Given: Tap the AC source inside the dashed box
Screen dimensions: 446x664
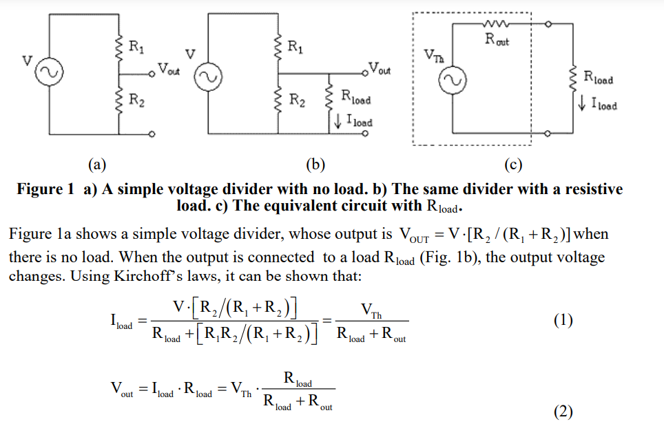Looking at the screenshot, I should click(453, 81).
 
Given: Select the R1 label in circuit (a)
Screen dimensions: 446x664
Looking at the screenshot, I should click(137, 47).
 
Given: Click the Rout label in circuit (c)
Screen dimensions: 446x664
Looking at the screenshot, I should click(497, 40).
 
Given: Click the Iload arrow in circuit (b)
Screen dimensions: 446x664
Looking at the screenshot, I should click(338, 123).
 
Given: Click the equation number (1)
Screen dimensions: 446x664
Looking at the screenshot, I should click(563, 320).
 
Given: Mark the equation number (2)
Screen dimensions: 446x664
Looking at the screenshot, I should click(563, 412).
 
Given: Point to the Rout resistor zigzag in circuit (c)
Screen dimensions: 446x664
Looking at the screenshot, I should click(497, 24).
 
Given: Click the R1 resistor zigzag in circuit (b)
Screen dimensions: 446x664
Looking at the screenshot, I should click(280, 47).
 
